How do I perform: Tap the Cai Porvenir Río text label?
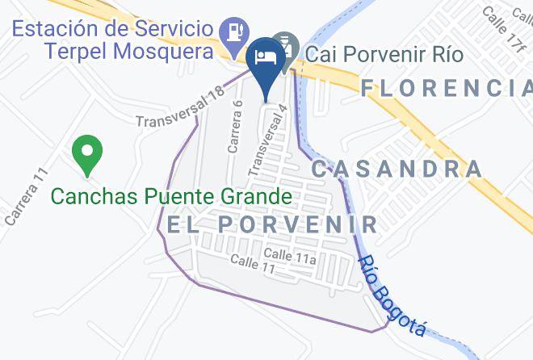(384, 56)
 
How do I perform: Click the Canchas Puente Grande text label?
(171, 196)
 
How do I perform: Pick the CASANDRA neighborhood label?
(397, 169)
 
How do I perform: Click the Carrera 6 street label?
(234, 126)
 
